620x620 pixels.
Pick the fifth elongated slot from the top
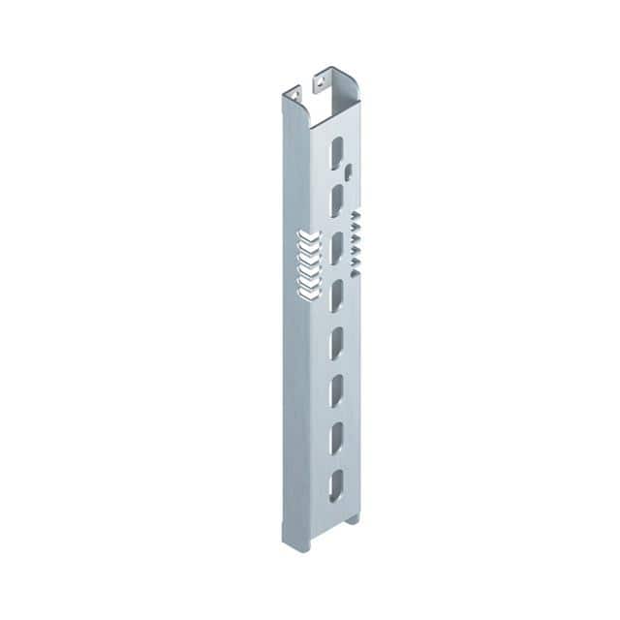[x=336, y=342]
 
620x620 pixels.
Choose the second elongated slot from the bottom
[x=336, y=439]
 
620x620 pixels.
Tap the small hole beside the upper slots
[x=347, y=173]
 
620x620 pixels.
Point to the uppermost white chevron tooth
[x=308, y=236]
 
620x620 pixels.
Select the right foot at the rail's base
[x=353, y=519]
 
